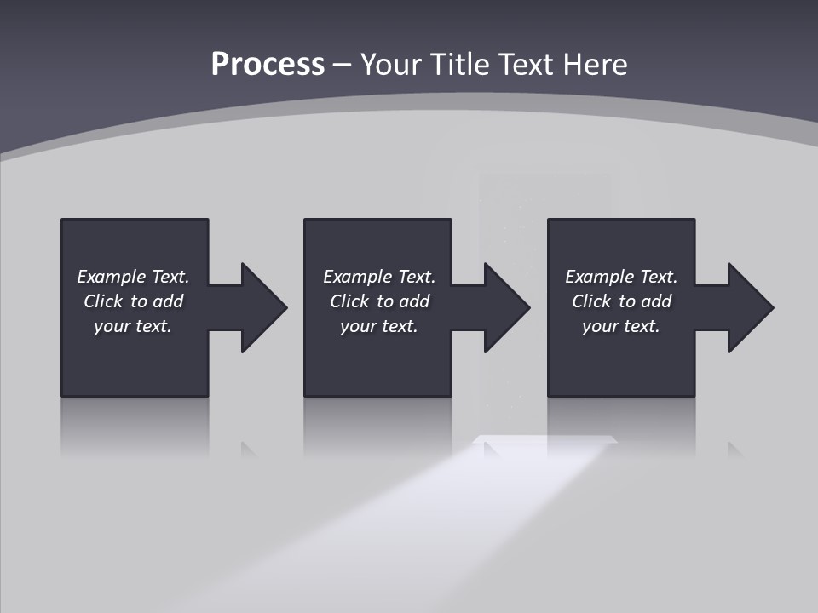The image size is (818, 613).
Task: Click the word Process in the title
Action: pyautogui.click(x=268, y=65)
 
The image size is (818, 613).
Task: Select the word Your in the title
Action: pyautogui.click(x=393, y=65)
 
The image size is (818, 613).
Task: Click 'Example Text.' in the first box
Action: pyautogui.click(x=133, y=277)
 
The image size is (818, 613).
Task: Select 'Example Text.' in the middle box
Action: pyautogui.click(x=379, y=277)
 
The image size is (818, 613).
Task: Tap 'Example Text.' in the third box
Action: pyautogui.click(x=621, y=277)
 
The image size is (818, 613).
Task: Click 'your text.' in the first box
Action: pyautogui.click(x=133, y=326)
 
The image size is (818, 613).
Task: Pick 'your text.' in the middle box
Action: pyautogui.click(x=379, y=326)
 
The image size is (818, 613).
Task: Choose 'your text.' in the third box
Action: pyautogui.click(x=621, y=326)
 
